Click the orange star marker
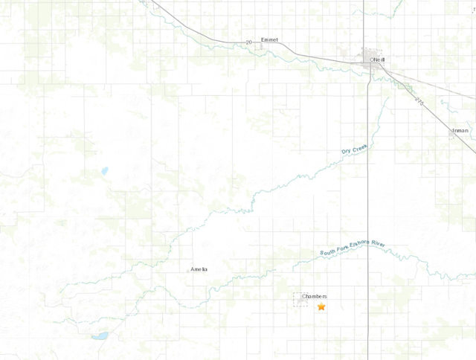tap(321, 306)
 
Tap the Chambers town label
tap(314, 296)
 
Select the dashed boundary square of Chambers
tap(301, 299)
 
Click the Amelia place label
tap(199, 269)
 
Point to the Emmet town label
tap(269, 40)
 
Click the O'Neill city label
tap(378, 60)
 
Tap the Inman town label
tap(460, 131)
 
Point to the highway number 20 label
tap(250, 42)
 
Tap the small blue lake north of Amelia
tap(104, 170)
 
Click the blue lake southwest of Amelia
tap(100, 335)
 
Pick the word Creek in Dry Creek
tap(360, 149)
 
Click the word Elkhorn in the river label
tap(358, 241)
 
